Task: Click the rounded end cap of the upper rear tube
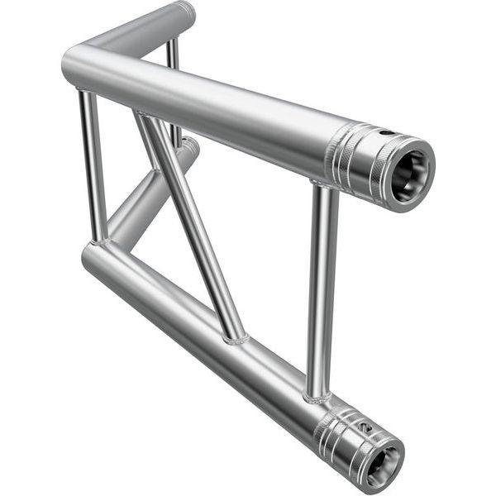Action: [186, 11]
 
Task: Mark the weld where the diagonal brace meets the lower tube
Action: [235, 337]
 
